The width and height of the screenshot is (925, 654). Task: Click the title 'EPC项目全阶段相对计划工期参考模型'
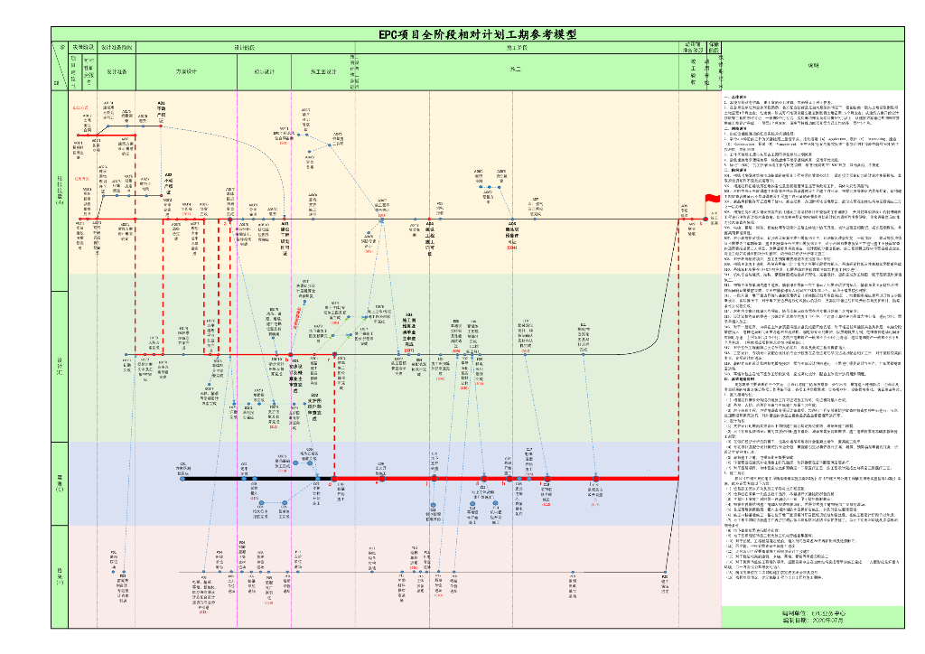(x=477, y=34)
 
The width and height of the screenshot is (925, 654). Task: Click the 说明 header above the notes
(x=813, y=65)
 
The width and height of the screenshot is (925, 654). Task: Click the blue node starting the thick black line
(x=183, y=479)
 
